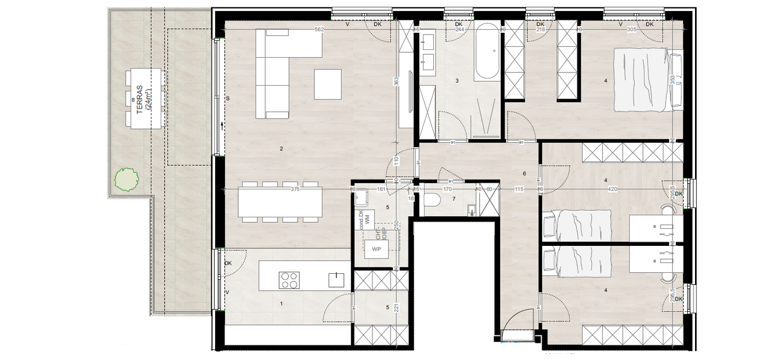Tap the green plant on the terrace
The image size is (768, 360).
coord(126,179)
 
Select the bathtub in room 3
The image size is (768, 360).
coord(487,54)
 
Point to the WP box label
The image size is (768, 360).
coord(376,249)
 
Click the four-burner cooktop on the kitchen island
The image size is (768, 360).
coord(289,280)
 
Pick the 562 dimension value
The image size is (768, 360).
coord(319,30)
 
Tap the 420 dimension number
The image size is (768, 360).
coord(612,189)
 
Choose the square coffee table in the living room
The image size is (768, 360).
coord(327,84)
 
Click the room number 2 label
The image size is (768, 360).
coord(281,149)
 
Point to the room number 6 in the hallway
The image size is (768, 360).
coord(524,174)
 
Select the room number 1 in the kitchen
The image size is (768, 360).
coord(281,303)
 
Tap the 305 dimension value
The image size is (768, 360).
coord(631,30)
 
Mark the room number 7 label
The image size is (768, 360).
coord(454,198)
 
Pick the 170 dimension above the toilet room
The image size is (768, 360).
coord(448,189)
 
